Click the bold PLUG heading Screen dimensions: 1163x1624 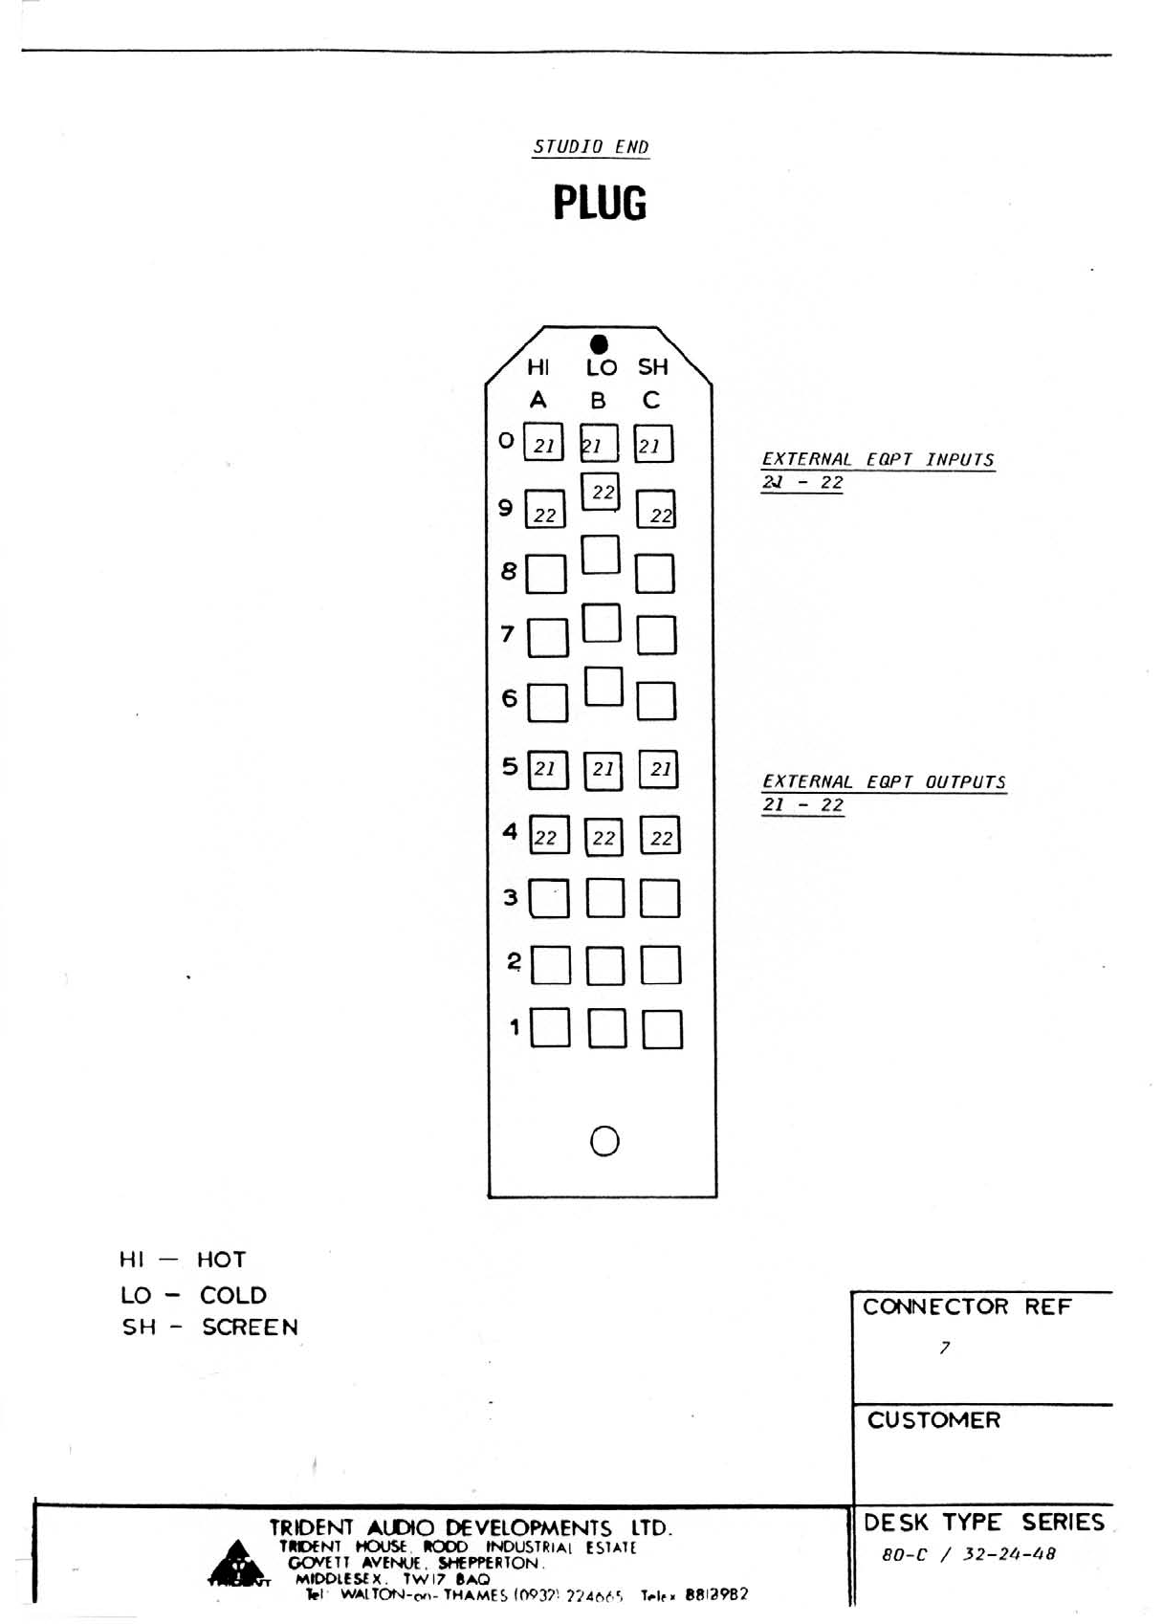[600, 203]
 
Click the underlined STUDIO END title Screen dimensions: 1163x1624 [590, 146]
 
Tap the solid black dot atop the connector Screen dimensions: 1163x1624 [599, 343]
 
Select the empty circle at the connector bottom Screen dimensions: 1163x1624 [604, 1140]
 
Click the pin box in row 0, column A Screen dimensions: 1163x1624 [543, 443]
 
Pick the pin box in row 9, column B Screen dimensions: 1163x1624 [601, 492]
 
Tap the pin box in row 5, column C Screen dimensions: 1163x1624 [659, 769]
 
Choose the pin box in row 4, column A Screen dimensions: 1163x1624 [548, 835]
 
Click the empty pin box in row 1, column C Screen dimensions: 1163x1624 [662, 1029]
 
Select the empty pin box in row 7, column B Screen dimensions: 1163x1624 [602, 623]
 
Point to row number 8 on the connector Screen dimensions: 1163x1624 [509, 571]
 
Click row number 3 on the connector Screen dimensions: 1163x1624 [511, 897]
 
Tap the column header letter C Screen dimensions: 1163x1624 [651, 400]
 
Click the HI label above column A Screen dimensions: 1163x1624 [538, 366]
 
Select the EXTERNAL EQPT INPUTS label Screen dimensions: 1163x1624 [877, 459]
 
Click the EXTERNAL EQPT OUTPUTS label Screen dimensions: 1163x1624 [883, 781]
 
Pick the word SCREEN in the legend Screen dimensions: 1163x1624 [250, 1328]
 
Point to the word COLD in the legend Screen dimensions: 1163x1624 [233, 1295]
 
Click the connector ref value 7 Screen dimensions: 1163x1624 [944, 1348]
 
